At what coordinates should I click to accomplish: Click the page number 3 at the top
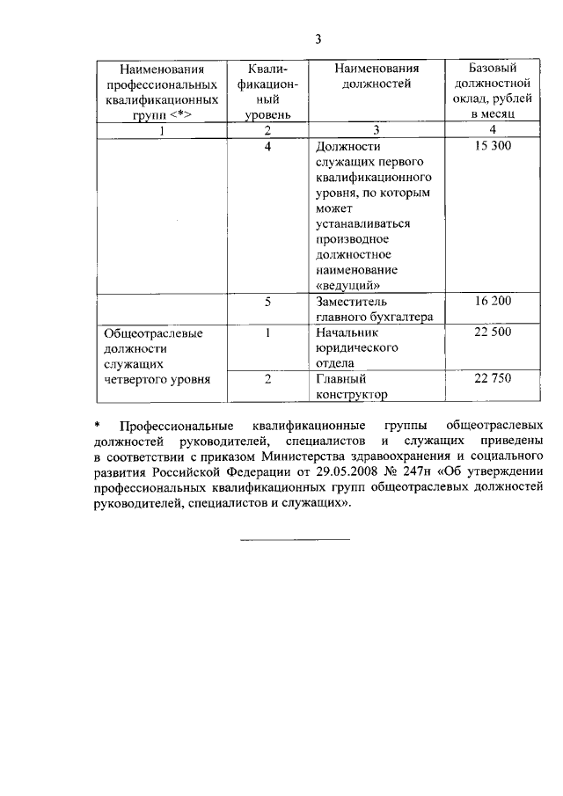(319, 40)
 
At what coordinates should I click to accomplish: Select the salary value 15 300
(493, 146)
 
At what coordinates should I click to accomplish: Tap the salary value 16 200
(493, 302)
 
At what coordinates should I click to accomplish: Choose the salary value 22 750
(493, 379)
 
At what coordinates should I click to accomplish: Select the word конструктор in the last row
(351, 395)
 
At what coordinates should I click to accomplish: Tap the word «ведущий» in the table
(347, 285)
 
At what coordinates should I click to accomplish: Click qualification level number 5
(267, 302)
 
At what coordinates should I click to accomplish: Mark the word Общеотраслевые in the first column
(154, 333)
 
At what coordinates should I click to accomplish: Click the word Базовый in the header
(493, 68)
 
